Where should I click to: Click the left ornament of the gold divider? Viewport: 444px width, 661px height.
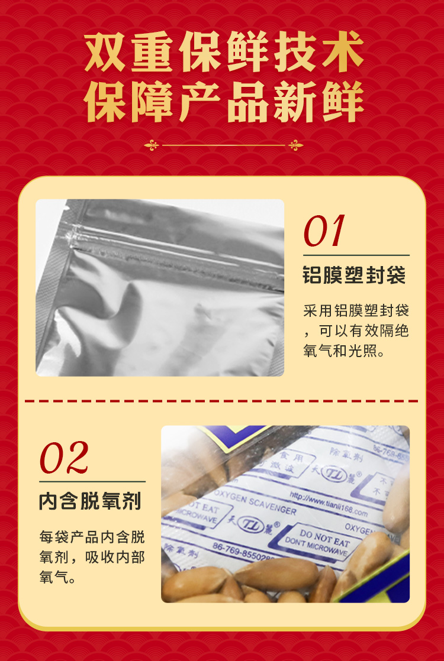point(152,145)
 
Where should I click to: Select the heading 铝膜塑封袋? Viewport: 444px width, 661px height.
point(354,276)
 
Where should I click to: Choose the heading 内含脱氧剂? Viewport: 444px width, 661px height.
point(90,501)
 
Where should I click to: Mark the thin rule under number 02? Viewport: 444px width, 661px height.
point(92,481)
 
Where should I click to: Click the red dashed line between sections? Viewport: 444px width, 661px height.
point(222,400)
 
